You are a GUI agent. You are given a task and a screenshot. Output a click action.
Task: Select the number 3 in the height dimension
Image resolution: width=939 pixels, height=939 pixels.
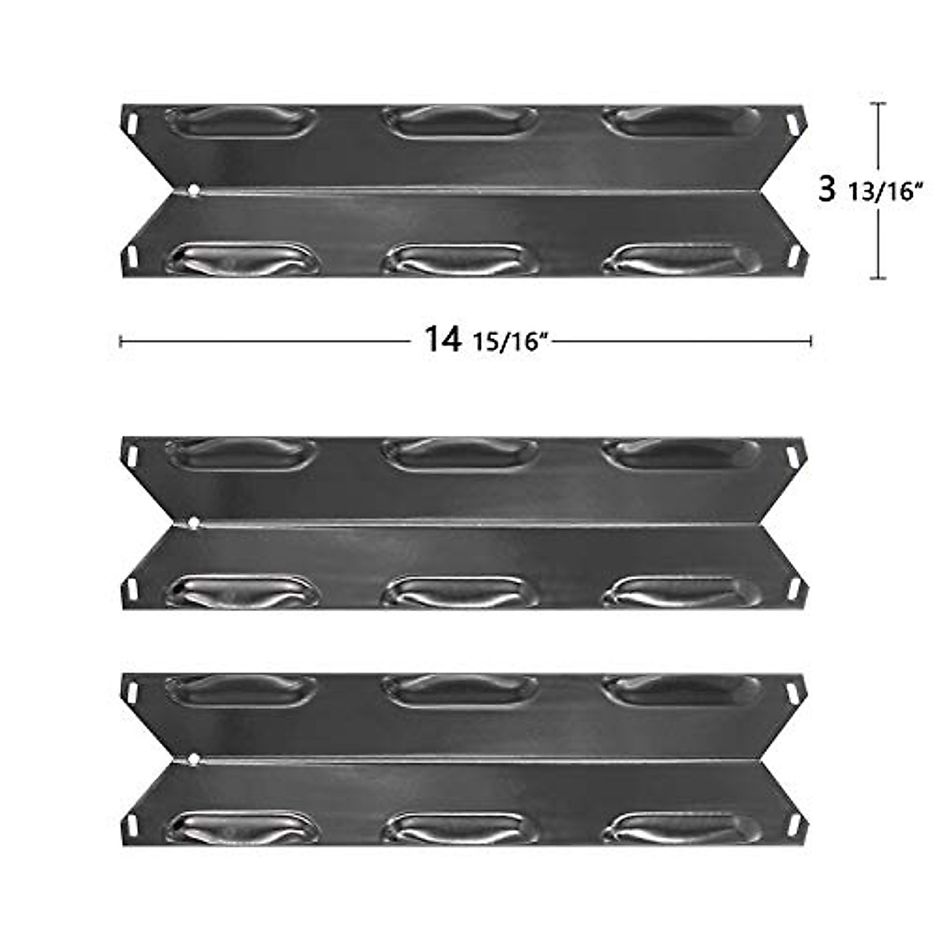826,189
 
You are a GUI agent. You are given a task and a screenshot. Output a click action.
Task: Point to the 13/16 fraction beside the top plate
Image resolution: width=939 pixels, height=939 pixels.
881,192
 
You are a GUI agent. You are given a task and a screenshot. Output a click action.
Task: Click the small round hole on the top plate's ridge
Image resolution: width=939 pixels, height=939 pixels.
193,190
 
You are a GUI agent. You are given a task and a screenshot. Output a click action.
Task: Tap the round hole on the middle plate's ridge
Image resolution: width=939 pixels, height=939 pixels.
193,523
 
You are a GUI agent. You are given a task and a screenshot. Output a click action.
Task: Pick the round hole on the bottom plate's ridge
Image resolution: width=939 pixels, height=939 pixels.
193,757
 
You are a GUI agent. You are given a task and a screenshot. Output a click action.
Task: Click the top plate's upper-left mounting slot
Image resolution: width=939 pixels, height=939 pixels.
131,123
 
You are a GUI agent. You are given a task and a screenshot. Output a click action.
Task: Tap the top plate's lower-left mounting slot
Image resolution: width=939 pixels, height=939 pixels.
131,256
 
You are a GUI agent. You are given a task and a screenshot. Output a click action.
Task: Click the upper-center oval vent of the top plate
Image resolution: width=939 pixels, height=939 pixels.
459,122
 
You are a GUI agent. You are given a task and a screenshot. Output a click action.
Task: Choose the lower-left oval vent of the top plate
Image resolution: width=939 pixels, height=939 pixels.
244,259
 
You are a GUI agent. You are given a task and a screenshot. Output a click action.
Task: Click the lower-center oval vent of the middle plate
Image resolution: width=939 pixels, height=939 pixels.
458,592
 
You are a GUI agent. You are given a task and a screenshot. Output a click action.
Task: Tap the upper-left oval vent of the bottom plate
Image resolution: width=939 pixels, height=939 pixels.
241,689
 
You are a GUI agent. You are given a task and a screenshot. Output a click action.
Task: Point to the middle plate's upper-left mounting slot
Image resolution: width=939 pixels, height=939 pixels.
131,455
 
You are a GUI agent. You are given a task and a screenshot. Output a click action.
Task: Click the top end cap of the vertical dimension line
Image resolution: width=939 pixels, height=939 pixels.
879,104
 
